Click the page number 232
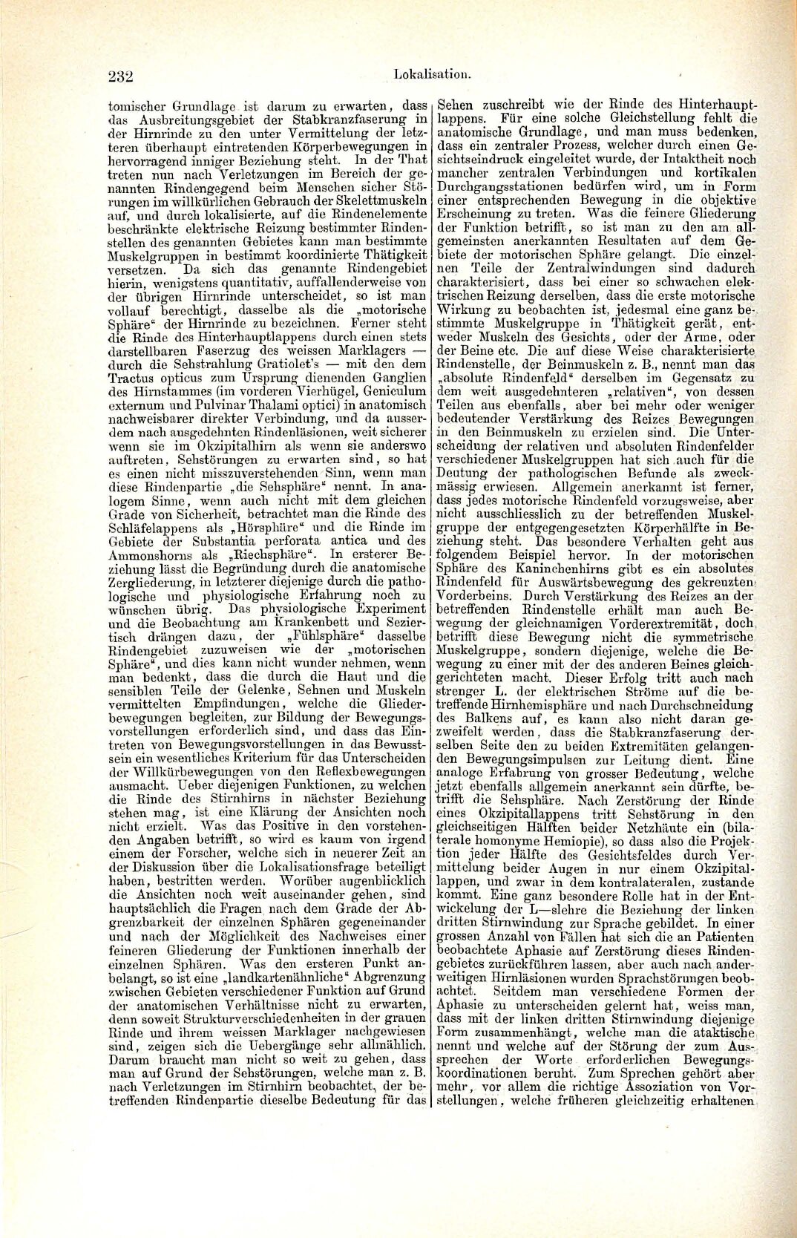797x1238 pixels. tap(119, 76)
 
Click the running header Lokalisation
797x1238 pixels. tap(433, 74)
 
